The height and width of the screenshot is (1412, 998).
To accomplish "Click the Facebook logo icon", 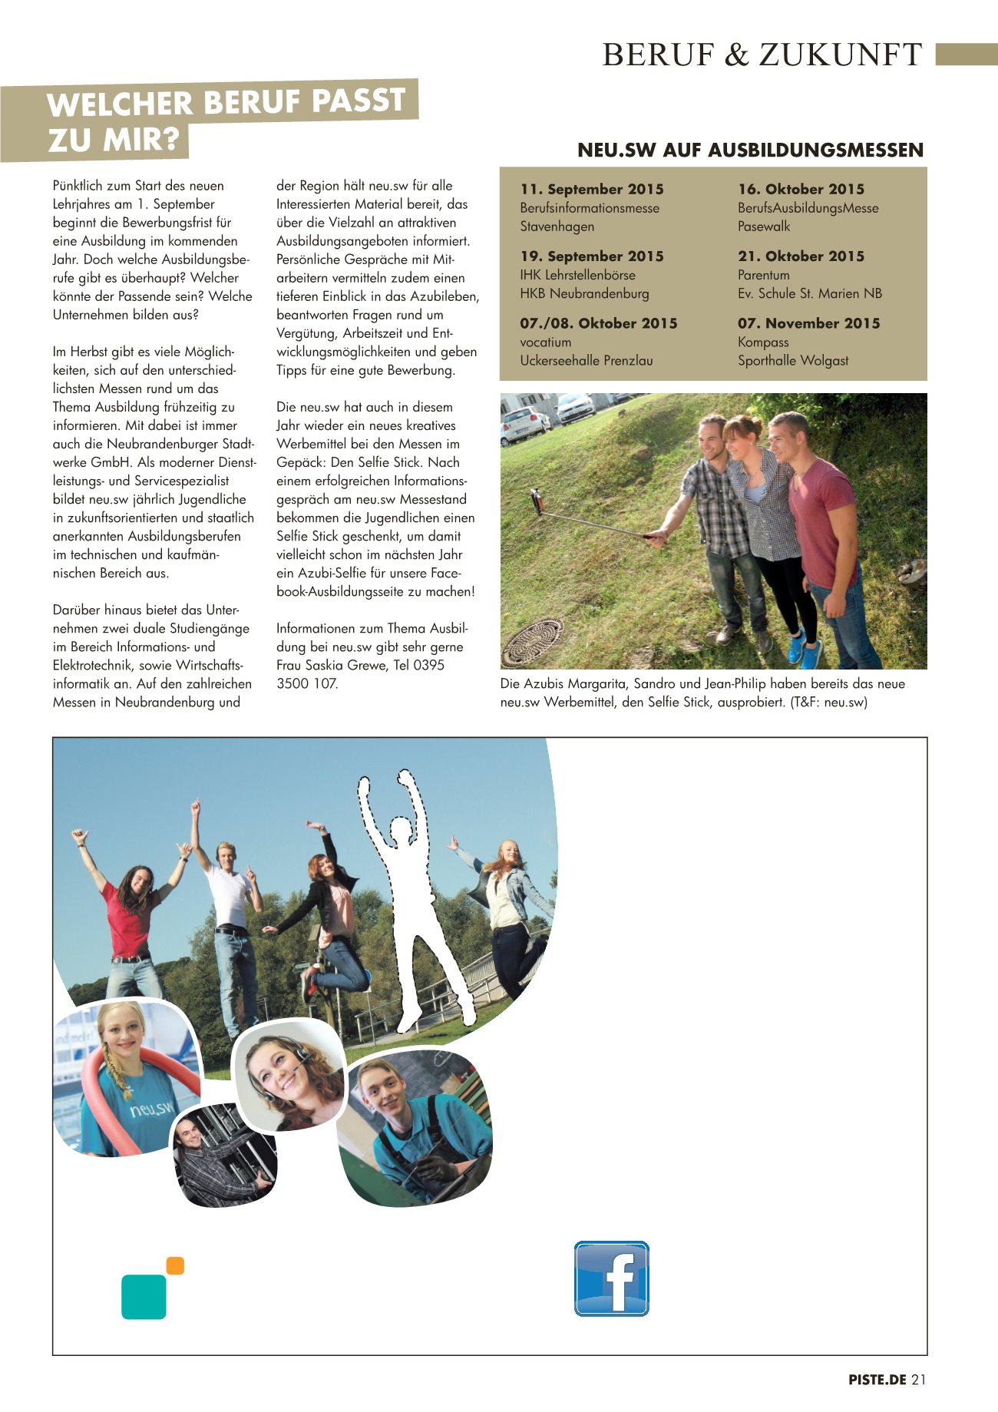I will pyautogui.click(x=612, y=1278).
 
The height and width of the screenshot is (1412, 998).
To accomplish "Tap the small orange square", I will pyautogui.click(x=175, y=1265).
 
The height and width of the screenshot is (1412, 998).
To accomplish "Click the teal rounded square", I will pyautogui.click(x=144, y=1297).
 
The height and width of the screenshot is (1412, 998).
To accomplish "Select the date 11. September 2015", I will pyautogui.click(x=591, y=189).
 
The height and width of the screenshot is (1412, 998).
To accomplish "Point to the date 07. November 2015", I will pyautogui.click(x=808, y=323).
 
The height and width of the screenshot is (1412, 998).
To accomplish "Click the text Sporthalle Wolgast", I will pyautogui.click(x=793, y=360).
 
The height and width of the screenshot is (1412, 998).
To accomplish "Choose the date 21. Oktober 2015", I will pyautogui.click(x=801, y=256).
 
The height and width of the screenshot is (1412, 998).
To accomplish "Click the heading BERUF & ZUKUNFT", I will pyautogui.click(x=762, y=55).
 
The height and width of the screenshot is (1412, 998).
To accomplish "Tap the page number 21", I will pyautogui.click(x=919, y=1379).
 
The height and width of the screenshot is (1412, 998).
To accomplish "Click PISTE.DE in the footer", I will pyautogui.click(x=877, y=1379).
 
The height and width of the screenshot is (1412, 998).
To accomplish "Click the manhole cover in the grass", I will pyautogui.click(x=533, y=643).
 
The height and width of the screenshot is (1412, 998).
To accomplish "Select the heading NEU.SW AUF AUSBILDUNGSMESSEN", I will pyautogui.click(x=750, y=150).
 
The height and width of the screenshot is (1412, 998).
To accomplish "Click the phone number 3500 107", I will pyautogui.click(x=306, y=683).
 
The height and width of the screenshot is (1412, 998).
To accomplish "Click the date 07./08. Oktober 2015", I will pyautogui.click(x=598, y=323).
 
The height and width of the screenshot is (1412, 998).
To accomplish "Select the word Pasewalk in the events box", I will pyautogui.click(x=763, y=226).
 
